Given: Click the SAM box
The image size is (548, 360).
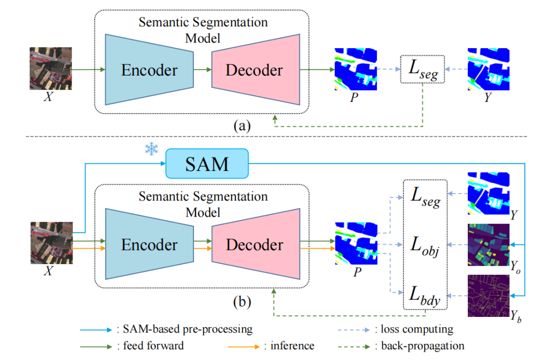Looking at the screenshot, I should pyautogui.click(x=207, y=164).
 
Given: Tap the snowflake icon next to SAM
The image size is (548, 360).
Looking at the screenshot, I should pyautogui.click(x=151, y=149).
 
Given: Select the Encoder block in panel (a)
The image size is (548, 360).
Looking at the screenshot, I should pyautogui.click(x=149, y=70).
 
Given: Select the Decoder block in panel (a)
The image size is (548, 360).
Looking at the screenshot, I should pyautogui.click(x=254, y=70).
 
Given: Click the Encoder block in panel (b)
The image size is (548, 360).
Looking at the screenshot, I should pyautogui.click(x=149, y=245).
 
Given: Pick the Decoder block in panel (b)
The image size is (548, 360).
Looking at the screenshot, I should pyautogui.click(x=254, y=245).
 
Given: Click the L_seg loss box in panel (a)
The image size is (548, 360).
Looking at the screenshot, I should pyautogui.click(x=422, y=69).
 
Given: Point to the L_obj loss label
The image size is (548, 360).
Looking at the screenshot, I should pyautogui.click(x=424, y=247).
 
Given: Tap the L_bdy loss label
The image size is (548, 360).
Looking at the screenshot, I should pyautogui.click(x=424, y=294).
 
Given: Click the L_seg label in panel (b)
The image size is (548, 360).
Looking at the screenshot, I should pyautogui.click(x=424, y=199).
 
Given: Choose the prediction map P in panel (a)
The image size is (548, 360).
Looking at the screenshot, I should pyautogui.click(x=356, y=69).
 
